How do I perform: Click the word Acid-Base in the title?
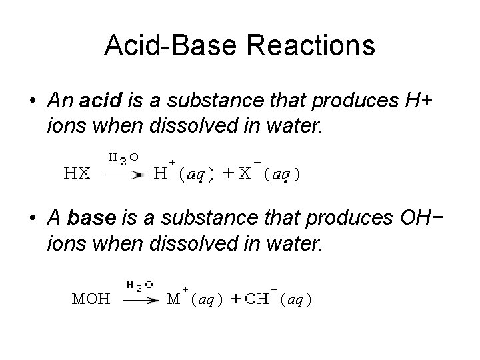click(170, 45)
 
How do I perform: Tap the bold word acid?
click(99, 101)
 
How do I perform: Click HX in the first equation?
click(77, 173)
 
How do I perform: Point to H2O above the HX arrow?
click(124, 157)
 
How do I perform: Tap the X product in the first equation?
click(245, 173)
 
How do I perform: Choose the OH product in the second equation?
click(255, 299)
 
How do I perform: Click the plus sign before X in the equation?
click(228, 173)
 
